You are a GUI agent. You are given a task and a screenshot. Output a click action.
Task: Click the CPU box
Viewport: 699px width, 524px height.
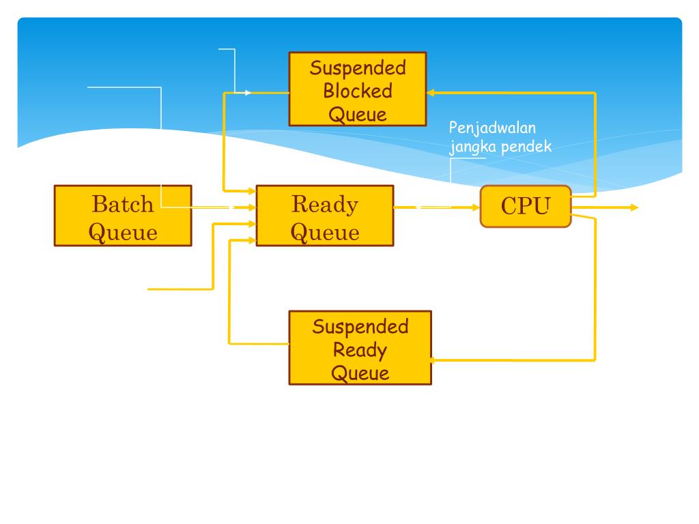(x=526, y=206)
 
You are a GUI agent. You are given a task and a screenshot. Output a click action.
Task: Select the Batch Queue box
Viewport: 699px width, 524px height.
(x=123, y=216)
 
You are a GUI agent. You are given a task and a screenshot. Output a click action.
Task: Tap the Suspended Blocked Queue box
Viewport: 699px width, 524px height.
(x=358, y=89)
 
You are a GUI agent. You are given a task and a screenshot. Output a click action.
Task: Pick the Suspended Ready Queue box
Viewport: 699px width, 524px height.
(x=360, y=347)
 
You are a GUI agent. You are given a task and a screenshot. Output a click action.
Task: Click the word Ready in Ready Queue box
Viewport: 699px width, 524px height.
(x=325, y=205)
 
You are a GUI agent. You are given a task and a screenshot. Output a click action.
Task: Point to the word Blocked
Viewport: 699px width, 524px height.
(x=358, y=91)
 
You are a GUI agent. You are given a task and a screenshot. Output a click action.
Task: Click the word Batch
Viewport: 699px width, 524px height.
(x=123, y=205)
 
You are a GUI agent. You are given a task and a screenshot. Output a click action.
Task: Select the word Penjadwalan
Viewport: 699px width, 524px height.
(x=492, y=128)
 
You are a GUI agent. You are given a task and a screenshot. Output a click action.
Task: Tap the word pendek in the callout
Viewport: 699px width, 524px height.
(x=526, y=146)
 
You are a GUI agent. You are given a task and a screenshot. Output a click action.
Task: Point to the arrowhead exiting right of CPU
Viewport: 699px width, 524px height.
(x=634, y=207)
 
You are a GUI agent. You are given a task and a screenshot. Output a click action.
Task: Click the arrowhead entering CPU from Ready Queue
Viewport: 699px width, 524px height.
(x=475, y=207)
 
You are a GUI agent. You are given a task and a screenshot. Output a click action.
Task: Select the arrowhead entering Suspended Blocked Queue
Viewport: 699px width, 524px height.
(x=431, y=93)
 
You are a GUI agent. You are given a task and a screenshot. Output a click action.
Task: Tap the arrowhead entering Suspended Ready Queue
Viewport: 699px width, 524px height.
(x=431, y=360)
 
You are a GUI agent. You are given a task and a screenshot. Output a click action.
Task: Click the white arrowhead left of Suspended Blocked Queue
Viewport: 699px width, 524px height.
(x=248, y=93)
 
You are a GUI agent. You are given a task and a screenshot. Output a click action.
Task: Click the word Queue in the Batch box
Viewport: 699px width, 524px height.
(x=123, y=233)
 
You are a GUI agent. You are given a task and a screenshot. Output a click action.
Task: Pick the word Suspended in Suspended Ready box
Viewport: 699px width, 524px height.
(x=360, y=327)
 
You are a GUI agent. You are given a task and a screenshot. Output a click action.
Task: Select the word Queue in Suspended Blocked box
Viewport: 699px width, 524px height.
(x=358, y=115)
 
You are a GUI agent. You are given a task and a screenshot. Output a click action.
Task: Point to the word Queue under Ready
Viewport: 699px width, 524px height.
(x=325, y=233)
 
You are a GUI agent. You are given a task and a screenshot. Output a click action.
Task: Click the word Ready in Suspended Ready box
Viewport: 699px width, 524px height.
(x=360, y=350)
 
